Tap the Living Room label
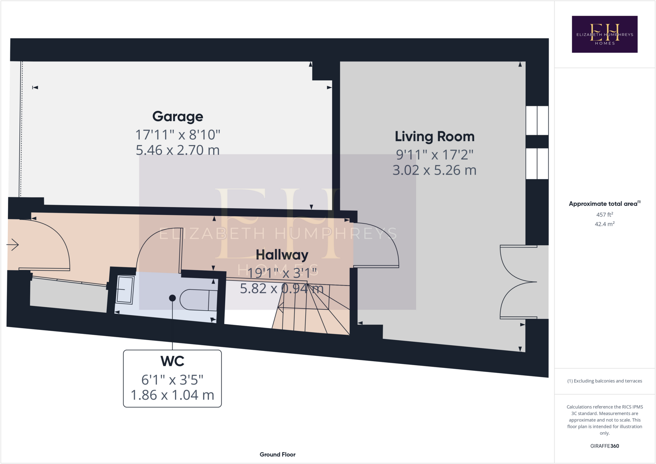(x=434, y=137)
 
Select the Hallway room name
(x=282, y=255)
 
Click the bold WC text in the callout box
(x=172, y=361)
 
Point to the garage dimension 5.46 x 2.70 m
(x=177, y=150)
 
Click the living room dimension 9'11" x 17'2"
(x=434, y=155)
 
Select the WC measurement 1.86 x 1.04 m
(x=172, y=395)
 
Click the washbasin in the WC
(x=125, y=289)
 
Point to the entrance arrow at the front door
(x=13, y=245)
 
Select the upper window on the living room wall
(x=537, y=120)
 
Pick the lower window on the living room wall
(x=537, y=164)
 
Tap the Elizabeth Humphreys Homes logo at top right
(x=604, y=34)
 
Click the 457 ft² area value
(x=604, y=215)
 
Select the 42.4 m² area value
(x=604, y=224)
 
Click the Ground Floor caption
(x=277, y=454)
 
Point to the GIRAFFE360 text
(x=604, y=446)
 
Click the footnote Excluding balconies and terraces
(x=604, y=381)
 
